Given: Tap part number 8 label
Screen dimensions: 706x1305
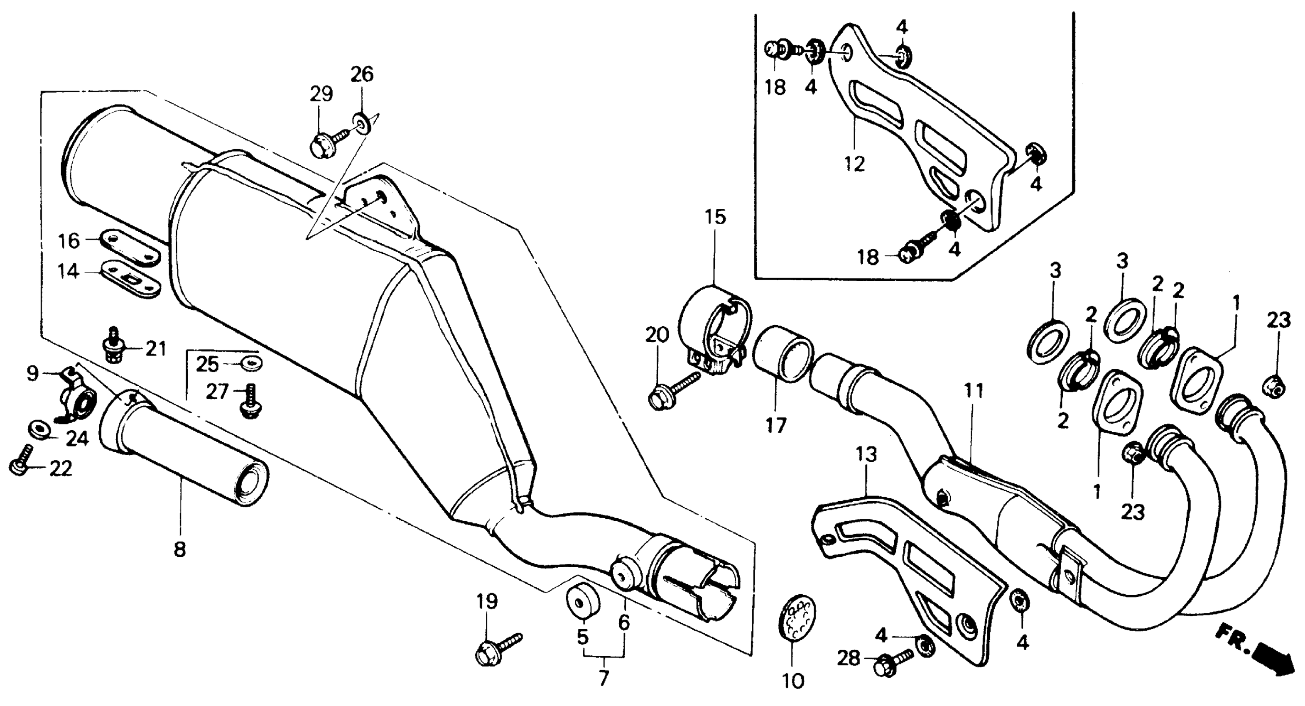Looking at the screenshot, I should (180, 549).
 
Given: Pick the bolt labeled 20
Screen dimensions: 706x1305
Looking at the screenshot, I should (671, 390).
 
